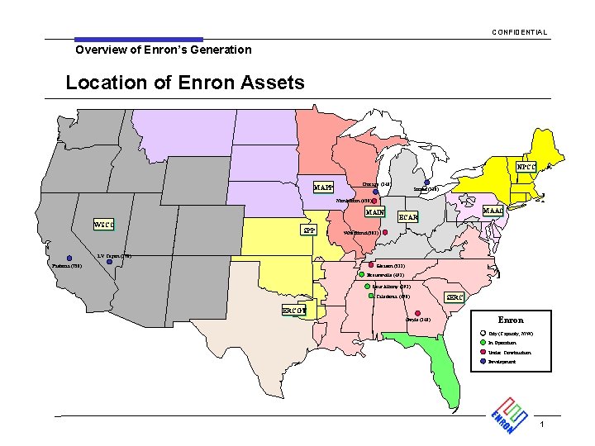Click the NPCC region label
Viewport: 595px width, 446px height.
[527, 167]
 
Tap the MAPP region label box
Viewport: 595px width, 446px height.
[324, 187]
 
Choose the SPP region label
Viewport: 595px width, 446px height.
[308, 230]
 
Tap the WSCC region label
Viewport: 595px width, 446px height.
[103, 225]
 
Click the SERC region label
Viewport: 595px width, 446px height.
[456, 297]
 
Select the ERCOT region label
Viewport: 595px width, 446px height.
[294, 311]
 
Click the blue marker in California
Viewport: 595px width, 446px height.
[69, 258]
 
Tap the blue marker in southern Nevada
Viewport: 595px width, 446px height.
[109, 262]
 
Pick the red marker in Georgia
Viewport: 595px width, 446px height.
[418, 313]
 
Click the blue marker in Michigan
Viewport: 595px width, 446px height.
[427, 183]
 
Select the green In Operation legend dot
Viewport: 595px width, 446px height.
[483, 343]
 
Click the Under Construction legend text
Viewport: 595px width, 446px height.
[514, 353]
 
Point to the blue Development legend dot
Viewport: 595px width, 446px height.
[483, 362]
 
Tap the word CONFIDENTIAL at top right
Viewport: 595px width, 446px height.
[519, 32]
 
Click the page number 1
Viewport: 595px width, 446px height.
[541, 425]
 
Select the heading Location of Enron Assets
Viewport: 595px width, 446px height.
[184, 83]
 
